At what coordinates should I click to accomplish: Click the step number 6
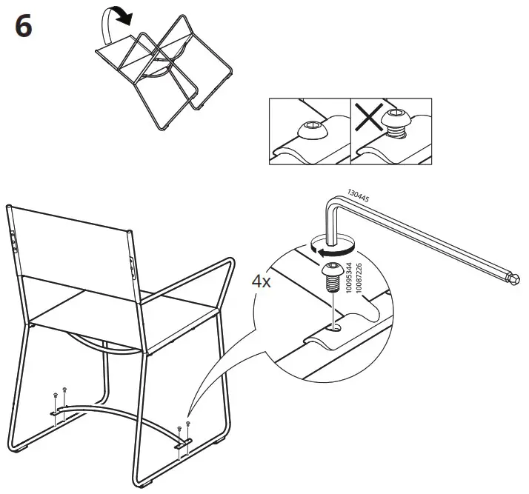click(x=23, y=27)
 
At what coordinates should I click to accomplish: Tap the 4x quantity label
click(x=261, y=282)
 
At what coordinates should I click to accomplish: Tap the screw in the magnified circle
click(x=332, y=278)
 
